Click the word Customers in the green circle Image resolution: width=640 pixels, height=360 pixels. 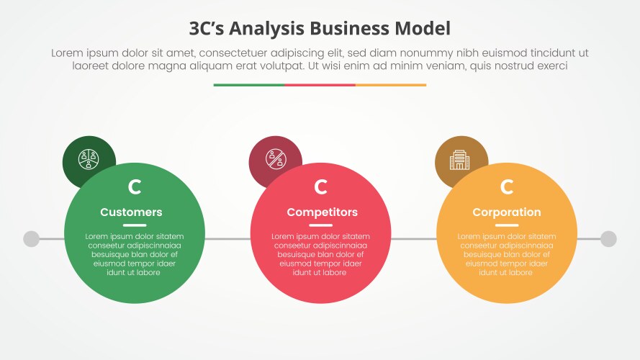click(131, 212)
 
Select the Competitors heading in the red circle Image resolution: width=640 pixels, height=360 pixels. click(322, 212)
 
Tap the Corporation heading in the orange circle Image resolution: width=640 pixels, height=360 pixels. click(506, 212)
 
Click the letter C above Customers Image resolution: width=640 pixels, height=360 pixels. click(135, 187)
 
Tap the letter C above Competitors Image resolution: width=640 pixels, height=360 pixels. click(321, 187)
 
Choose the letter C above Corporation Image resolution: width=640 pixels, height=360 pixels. click(507, 187)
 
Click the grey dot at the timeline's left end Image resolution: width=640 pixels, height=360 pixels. click(31, 239)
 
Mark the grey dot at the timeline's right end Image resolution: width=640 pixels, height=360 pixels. click(608, 239)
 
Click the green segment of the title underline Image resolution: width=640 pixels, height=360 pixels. click(248, 85)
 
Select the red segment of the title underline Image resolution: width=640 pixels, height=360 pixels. click(320, 85)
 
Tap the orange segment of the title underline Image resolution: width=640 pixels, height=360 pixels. click(391, 85)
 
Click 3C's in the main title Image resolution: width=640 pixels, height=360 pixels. click(208, 29)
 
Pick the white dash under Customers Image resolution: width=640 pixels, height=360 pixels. click(135, 225)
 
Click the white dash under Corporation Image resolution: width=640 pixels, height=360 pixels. click(507, 225)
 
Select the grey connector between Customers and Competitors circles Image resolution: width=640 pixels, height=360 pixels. click(227, 239)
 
